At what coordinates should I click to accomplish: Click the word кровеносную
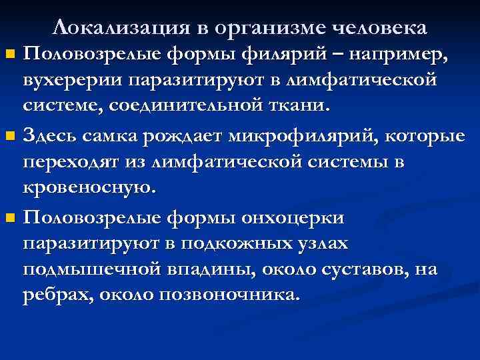(90, 189)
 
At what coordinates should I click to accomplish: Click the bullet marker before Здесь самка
(9, 137)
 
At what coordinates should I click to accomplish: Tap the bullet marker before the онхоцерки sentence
(9, 219)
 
